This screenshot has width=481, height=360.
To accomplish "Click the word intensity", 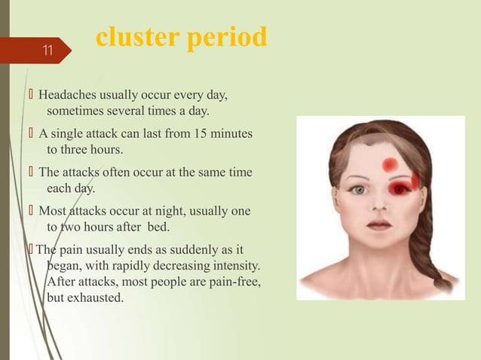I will coord(234,266).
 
